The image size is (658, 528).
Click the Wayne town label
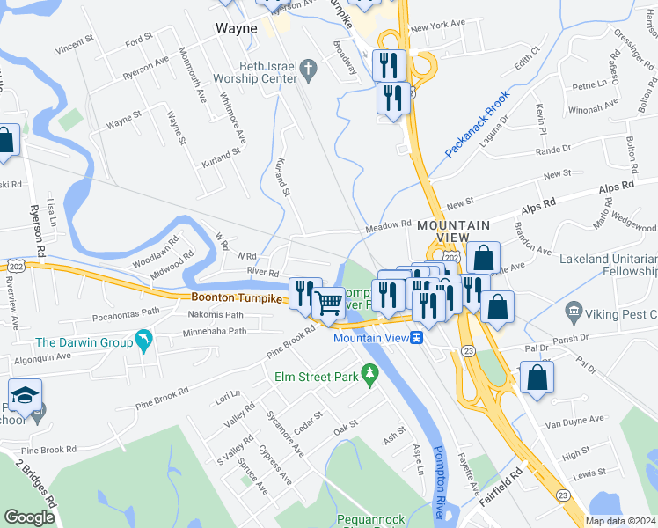click(x=237, y=28)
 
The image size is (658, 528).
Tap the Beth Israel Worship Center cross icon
click(x=308, y=68)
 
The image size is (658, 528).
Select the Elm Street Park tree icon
click(x=370, y=377)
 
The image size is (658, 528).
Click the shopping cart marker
click(x=329, y=303)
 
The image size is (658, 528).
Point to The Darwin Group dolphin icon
click(x=143, y=341)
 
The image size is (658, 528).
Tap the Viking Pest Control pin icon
click(x=574, y=311)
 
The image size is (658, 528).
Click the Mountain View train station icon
click(x=420, y=337)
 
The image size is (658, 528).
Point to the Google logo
click(x=29, y=517)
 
